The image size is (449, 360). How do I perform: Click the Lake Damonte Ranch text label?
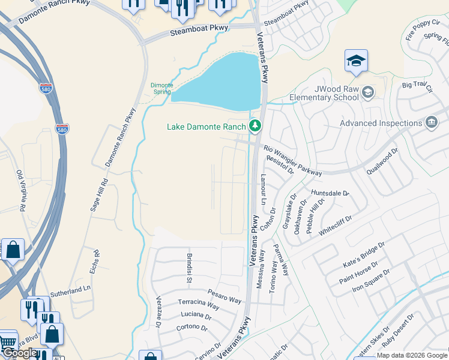pos(206,127)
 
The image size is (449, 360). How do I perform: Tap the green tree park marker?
pos(256,125)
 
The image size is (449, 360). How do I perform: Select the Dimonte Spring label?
pos(161,89)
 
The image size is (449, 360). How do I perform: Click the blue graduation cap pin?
pos(356,61)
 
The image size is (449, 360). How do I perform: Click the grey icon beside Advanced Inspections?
pos(431,123)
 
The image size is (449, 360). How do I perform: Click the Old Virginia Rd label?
pos(22,191)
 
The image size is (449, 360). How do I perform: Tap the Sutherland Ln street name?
pos(70,291)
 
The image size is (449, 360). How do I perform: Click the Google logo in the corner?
pos(19,353)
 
